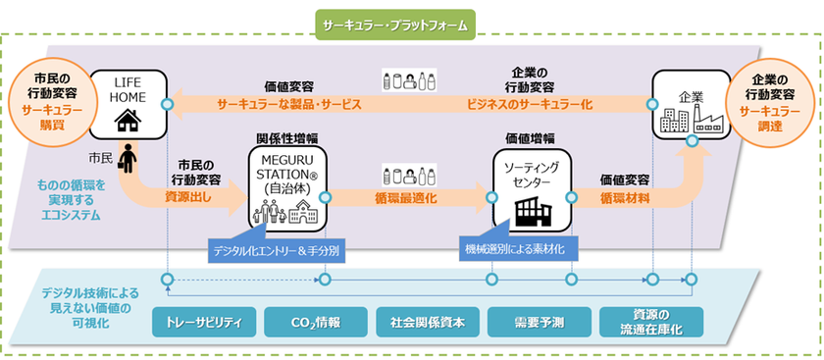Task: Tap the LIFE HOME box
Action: (x=127, y=104)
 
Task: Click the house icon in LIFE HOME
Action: (x=127, y=120)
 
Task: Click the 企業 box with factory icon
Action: (x=692, y=109)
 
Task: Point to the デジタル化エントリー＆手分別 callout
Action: (x=277, y=251)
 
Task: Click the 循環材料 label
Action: (x=625, y=197)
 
